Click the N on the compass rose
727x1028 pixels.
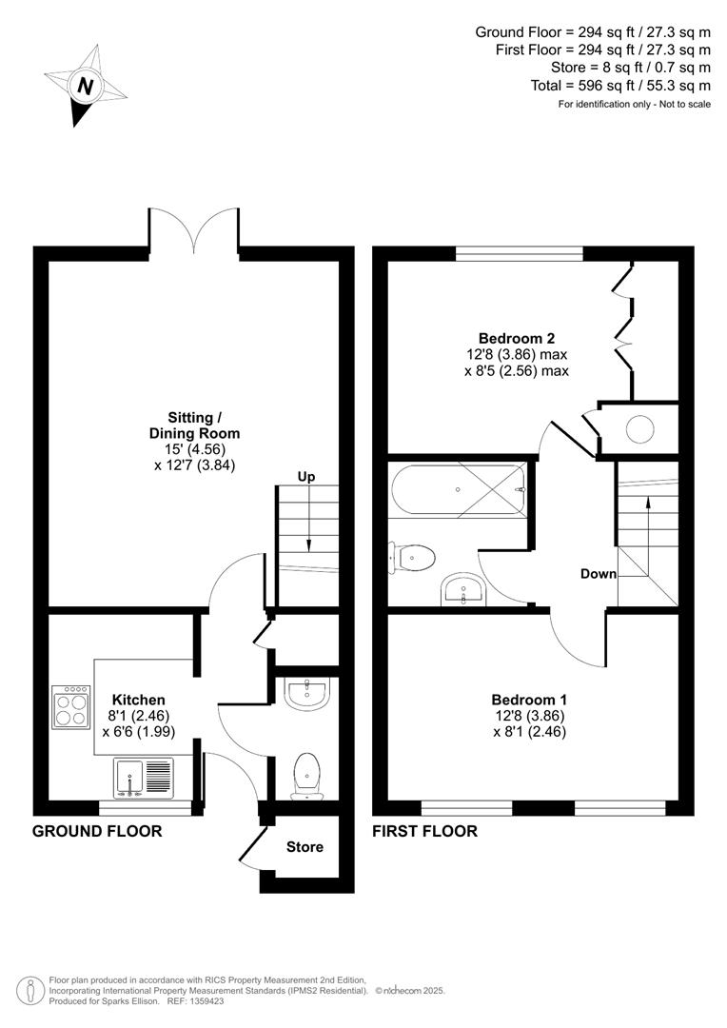[x=86, y=87]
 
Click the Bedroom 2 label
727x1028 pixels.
[x=517, y=338]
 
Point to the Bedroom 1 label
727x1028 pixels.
[x=530, y=700]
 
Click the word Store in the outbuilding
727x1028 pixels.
[x=305, y=847]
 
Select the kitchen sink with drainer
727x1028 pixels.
[x=143, y=778]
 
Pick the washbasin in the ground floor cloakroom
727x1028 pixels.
[x=306, y=694]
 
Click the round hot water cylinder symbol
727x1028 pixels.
[x=639, y=430]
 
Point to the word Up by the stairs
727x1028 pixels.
[x=306, y=476]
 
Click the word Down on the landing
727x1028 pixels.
[x=599, y=574]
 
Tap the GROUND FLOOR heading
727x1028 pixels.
[x=97, y=831]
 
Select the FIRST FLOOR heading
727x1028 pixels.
[x=424, y=831]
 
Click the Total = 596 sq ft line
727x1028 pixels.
[x=619, y=85]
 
